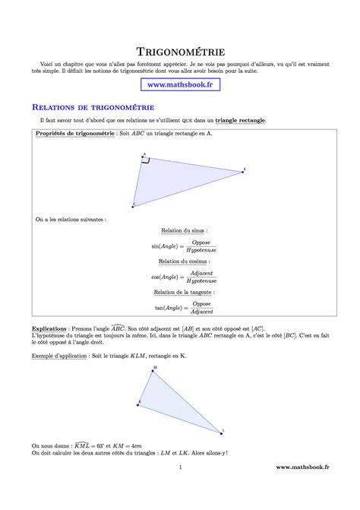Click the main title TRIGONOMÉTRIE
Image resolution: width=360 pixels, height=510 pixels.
coord(180,52)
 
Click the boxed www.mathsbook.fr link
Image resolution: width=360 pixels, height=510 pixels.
coord(179,85)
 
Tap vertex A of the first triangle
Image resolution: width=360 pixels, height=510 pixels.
coord(142,159)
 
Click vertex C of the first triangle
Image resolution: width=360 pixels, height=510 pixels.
coord(134,204)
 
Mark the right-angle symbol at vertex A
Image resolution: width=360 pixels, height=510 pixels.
coord(146,162)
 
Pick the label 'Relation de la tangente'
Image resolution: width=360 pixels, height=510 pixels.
coord(184,292)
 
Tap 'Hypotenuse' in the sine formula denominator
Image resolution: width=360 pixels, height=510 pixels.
coord(201,250)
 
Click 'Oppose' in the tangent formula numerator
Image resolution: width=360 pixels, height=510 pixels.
coord(201,303)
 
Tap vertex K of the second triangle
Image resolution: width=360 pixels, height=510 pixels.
coord(138,404)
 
